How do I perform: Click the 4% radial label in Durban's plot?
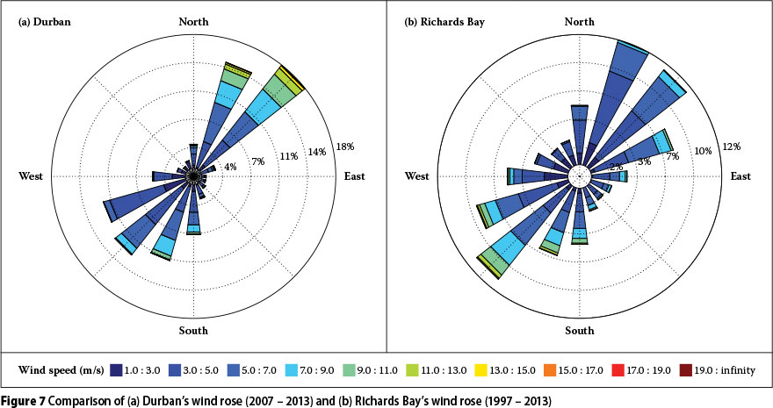pyautogui.click(x=231, y=167)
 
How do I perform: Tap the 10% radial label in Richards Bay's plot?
pyautogui.click(x=703, y=151)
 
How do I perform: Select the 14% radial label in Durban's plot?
pyautogui.click(x=316, y=152)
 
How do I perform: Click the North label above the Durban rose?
pyautogui.click(x=193, y=21)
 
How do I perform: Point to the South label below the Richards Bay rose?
pyautogui.click(x=579, y=331)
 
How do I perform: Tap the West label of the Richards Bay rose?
pyautogui.click(x=417, y=176)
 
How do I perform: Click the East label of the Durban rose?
pyautogui.click(x=354, y=176)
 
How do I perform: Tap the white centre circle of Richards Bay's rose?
pyautogui.click(x=579, y=176)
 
